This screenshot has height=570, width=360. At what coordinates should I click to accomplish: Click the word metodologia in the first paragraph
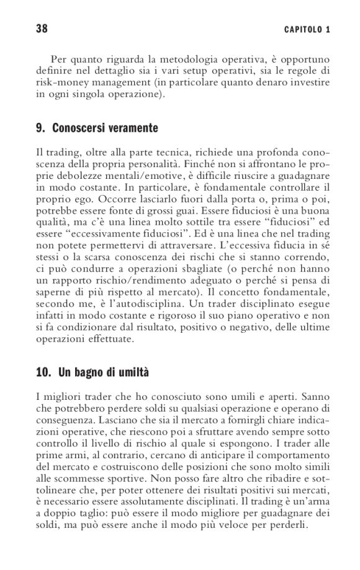173,60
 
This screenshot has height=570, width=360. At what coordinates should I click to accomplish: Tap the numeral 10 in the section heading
43,374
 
